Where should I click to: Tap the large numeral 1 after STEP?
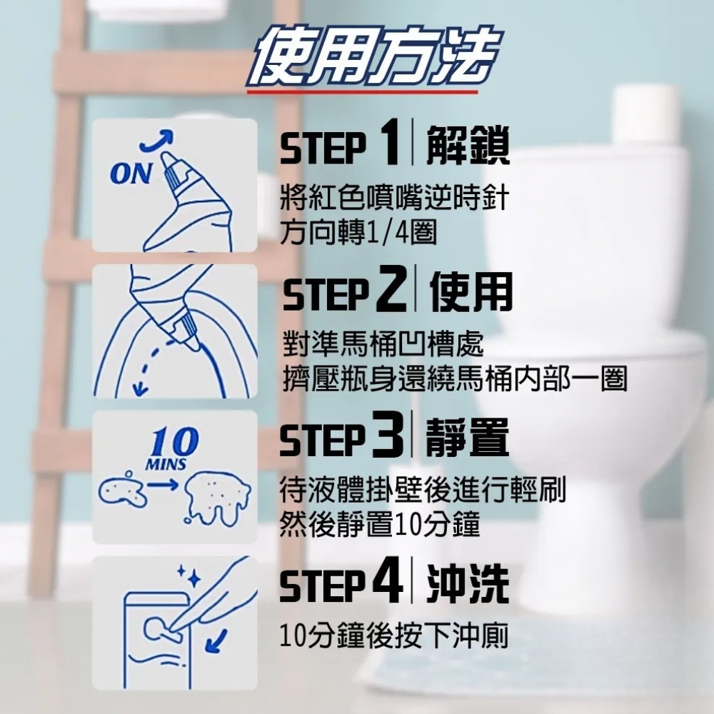pyautogui.click(x=388, y=142)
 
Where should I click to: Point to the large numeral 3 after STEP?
pyautogui.click(x=388, y=434)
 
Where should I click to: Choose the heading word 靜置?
pyautogui.click(x=467, y=436)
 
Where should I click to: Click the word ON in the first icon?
pyautogui.click(x=131, y=174)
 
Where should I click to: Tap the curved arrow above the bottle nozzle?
pyautogui.click(x=158, y=139)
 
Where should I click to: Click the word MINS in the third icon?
pyautogui.click(x=166, y=464)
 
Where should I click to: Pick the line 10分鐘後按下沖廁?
pyautogui.click(x=394, y=635)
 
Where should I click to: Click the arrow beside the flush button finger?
pyautogui.click(x=216, y=640)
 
